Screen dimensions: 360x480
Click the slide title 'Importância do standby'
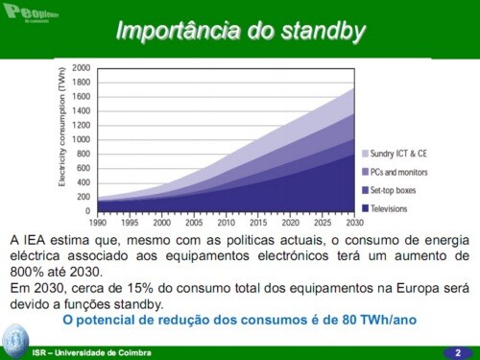coord(240,31)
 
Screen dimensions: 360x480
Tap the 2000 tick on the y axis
coord(81,68)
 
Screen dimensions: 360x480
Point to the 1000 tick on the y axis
coord(81,139)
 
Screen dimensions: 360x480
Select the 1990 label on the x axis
coord(98,222)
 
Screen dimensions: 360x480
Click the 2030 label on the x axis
coord(354,222)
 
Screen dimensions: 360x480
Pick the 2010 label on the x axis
coord(227,222)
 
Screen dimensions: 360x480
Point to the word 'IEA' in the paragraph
coord(37,238)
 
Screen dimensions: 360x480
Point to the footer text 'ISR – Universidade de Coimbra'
coord(91,353)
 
